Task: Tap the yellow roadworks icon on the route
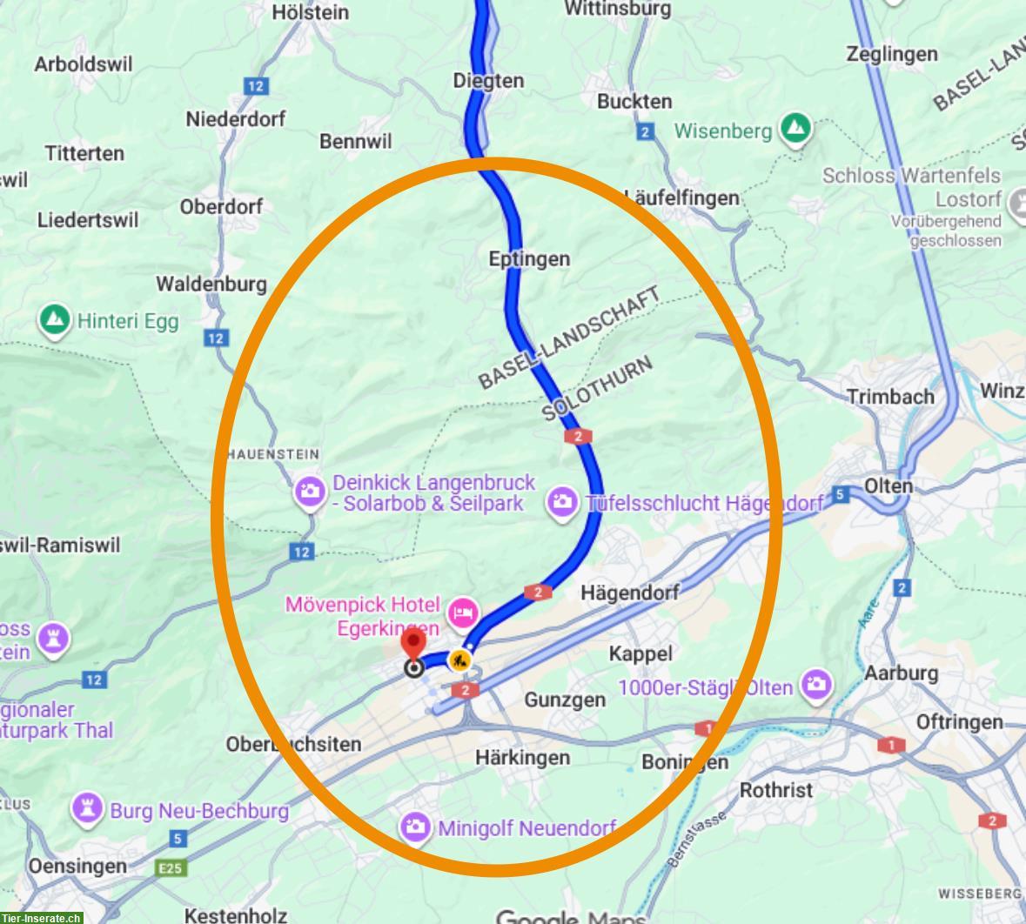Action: (x=459, y=660)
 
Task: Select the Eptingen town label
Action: (x=529, y=259)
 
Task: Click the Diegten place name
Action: (x=488, y=81)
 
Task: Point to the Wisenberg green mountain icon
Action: (x=795, y=129)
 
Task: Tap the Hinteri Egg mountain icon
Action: (x=55, y=320)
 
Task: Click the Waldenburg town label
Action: (x=211, y=284)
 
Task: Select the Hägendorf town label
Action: (x=629, y=592)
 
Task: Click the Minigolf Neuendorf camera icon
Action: (x=415, y=827)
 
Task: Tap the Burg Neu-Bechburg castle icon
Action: (x=86, y=809)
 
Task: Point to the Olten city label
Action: (x=889, y=485)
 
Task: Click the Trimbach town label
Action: (x=890, y=397)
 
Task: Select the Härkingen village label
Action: (x=522, y=758)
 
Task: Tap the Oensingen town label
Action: (x=77, y=867)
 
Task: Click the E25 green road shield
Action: (x=171, y=867)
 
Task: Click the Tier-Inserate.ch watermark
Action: (x=42, y=916)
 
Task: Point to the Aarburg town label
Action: (x=901, y=673)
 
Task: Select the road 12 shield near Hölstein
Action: (x=255, y=86)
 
